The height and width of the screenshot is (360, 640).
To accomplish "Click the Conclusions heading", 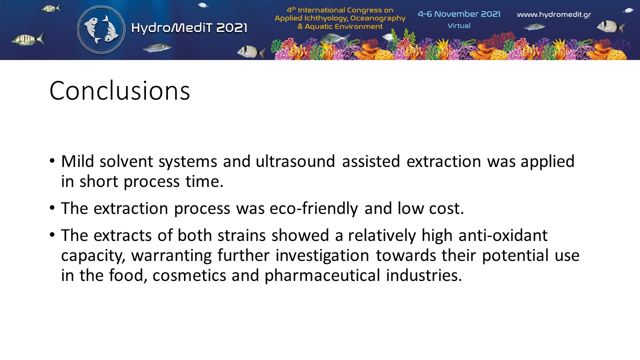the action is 119,91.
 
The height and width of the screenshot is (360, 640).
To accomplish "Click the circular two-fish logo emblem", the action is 101,29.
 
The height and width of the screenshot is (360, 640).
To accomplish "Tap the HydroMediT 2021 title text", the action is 189,28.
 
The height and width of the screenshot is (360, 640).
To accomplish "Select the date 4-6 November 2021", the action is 459,14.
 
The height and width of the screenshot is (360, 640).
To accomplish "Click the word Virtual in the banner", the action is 459,25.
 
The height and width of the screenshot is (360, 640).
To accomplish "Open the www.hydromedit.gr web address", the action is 554,14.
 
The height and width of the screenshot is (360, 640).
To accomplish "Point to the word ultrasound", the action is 295,161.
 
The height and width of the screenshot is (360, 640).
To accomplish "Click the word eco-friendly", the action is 313,208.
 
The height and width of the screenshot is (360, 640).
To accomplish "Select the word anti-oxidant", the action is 503,235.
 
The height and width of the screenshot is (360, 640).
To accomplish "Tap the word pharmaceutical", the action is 322,275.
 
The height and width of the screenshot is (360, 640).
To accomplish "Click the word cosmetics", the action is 189,275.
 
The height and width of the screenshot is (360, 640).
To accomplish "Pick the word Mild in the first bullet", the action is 77,161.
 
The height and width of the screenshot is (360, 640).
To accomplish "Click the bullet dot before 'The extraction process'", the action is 52,207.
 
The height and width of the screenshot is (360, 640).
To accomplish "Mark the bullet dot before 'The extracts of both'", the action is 52,235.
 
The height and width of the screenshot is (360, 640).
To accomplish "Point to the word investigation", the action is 322,255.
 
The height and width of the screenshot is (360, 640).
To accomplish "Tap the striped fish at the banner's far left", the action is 28,39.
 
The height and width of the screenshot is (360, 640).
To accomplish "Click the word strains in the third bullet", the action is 241,235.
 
